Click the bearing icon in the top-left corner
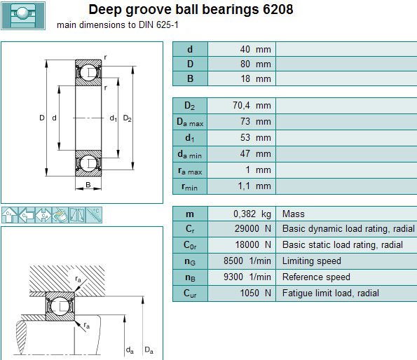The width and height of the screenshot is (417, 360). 23,15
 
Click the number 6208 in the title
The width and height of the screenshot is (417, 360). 278,9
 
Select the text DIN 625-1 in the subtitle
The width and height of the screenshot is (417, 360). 158,25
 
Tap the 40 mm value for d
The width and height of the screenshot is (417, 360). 255,50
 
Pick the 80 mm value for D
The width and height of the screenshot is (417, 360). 255,64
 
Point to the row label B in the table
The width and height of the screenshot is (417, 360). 190,78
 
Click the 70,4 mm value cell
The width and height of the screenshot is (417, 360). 252,106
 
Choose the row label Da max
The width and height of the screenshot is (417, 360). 190,122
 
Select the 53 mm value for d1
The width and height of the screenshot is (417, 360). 255,137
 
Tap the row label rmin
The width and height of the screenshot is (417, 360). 189,187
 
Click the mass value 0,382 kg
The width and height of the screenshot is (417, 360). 252,214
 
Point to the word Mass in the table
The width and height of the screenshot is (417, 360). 294,214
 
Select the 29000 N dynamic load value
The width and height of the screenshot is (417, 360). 252,228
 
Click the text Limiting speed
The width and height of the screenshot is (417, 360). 312,261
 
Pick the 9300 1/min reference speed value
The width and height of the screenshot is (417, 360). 247,277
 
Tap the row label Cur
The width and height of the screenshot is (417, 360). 190,293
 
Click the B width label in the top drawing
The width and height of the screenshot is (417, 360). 88,185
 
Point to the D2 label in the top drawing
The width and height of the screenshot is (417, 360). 127,118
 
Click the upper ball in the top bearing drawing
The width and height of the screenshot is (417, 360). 88,72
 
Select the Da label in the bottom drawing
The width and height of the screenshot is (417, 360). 149,350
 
